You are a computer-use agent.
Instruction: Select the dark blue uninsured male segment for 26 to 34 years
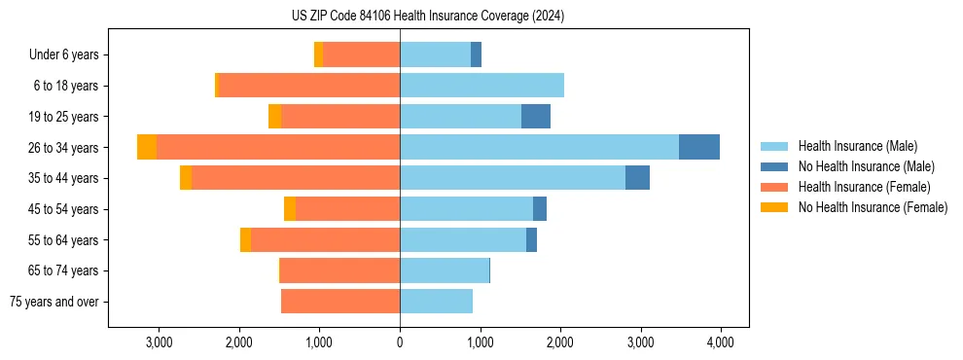(x=698, y=147)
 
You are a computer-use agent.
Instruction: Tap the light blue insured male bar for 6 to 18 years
(x=481, y=86)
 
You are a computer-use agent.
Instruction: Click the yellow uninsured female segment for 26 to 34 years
(x=147, y=147)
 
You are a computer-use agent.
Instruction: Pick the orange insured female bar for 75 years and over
(x=340, y=302)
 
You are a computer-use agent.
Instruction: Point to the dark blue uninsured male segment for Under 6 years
(x=476, y=54)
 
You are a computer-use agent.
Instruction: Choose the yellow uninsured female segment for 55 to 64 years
(x=245, y=240)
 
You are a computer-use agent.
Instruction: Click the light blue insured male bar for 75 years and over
(x=436, y=302)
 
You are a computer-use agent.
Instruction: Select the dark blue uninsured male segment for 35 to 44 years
(x=637, y=178)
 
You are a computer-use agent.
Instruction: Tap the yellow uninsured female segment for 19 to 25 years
(x=274, y=117)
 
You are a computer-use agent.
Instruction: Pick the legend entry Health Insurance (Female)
(x=864, y=187)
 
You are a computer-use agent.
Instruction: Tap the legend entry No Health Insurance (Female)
(x=873, y=207)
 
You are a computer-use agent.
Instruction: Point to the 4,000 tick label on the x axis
(x=720, y=342)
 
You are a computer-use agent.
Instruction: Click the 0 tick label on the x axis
(x=400, y=342)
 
